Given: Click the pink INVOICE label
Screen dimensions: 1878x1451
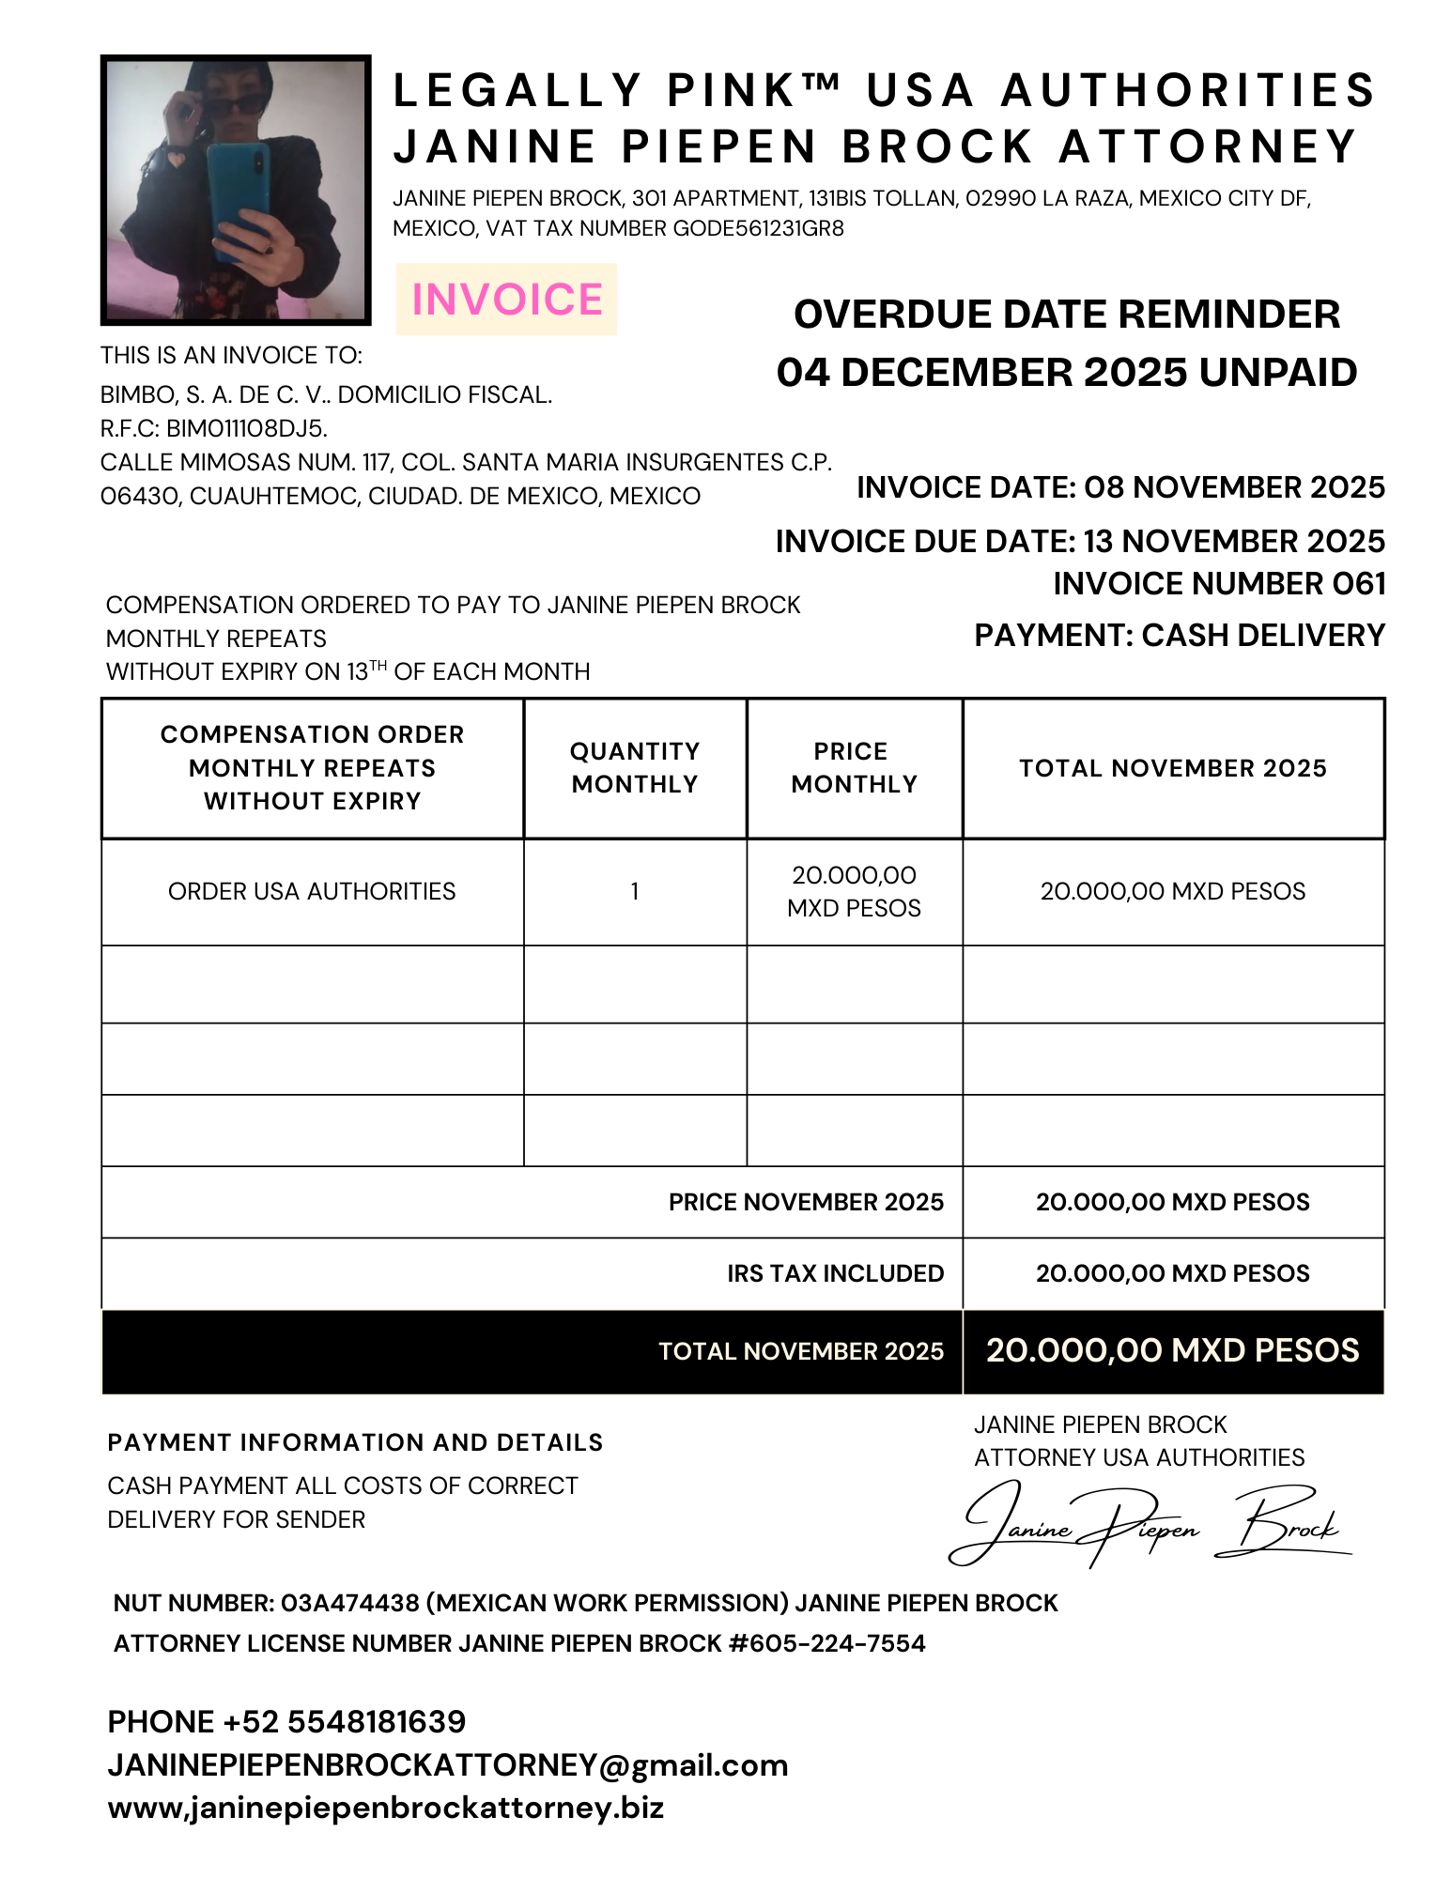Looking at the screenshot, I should [506, 300].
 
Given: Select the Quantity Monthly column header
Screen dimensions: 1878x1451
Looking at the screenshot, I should [635, 768].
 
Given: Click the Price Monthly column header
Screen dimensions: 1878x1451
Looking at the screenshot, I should [854, 768].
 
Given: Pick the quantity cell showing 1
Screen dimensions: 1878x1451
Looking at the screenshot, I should [635, 891].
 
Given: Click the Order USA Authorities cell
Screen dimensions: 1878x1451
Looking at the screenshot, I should [312, 891].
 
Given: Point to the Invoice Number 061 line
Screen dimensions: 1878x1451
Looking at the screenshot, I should [1218, 584].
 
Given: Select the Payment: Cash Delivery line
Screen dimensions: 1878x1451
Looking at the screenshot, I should [1179, 636].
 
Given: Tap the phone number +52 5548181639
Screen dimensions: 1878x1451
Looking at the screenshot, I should [286, 1722].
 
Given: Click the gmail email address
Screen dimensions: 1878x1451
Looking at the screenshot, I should [447, 1765].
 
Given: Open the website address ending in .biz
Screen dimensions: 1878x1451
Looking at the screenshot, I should [386, 1809].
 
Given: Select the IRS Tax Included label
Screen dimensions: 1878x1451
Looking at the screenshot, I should [835, 1273].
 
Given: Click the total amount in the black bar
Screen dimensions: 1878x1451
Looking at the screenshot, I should [1172, 1350].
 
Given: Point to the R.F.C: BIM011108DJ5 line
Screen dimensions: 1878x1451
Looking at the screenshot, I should [214, 429].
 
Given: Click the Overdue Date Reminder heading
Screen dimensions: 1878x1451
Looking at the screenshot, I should [1066, 315].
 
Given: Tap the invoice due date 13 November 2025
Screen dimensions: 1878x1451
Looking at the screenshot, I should [1080, 542].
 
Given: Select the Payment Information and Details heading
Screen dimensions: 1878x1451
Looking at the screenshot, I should [355, 1442].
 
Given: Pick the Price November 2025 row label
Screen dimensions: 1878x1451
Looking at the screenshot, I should [805, 1202].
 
